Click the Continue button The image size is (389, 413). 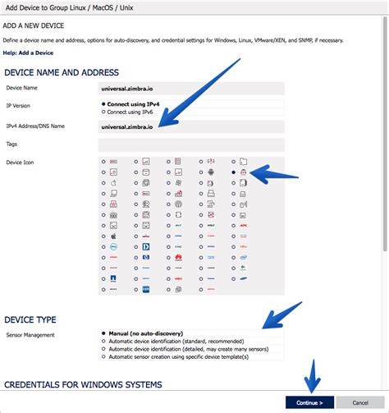(x=309, y=402)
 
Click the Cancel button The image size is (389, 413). (x=359, y=402)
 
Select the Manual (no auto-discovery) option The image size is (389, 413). (x=103, y=333)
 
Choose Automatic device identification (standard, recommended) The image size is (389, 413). (x=103, y=341)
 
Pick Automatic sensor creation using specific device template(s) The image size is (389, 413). (x=103, y=356)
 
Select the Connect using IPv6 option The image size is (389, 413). (x=103, y=112)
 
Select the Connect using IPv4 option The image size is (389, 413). (x=103, y=104)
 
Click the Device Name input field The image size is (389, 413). (x=190, y=87)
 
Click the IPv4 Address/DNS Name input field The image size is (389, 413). (x=190, y=126)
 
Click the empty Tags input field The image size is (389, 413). (x=190, y=145)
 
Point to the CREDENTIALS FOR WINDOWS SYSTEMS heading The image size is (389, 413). (x=83, y=384)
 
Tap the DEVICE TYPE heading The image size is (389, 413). (x=30, y=318)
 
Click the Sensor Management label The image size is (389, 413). (x=31, y=334)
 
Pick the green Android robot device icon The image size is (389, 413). (x=211, y=173)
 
